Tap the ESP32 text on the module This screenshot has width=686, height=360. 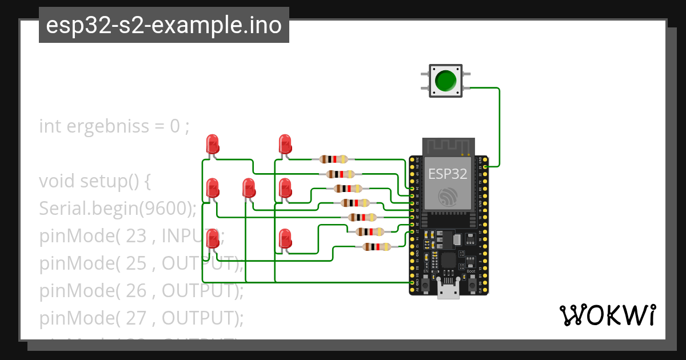pyautogui.click(x=448, y=174)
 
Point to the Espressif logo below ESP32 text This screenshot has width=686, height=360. pyautogui.click(x=448, y=197)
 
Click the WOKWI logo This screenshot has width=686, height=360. pyautogui.click(x=607, y=315)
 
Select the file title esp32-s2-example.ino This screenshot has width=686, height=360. pyautogui.click(x=164, y=25)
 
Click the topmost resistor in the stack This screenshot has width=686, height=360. pyautogui.click(x=333, y=159)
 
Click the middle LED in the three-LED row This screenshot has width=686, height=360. pyautogui.click(x=249, y=189)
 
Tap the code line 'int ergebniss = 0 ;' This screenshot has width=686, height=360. pyautogui.click(x=114, y=126)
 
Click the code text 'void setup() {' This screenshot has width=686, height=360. pyautogui.click(x=95, y=181)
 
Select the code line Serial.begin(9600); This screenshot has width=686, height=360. pyautogui.click(x=118, y=209)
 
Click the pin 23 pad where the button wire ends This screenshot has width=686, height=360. pyautogui.click(x=485, y=166)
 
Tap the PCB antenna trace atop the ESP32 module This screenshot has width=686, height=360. pyautogui.click(x=448, y=147)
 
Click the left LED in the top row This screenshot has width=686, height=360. pyautogui.click(x=213, y=143)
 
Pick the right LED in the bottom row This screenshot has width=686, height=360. pyautogui.click(x=285, y=238)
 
